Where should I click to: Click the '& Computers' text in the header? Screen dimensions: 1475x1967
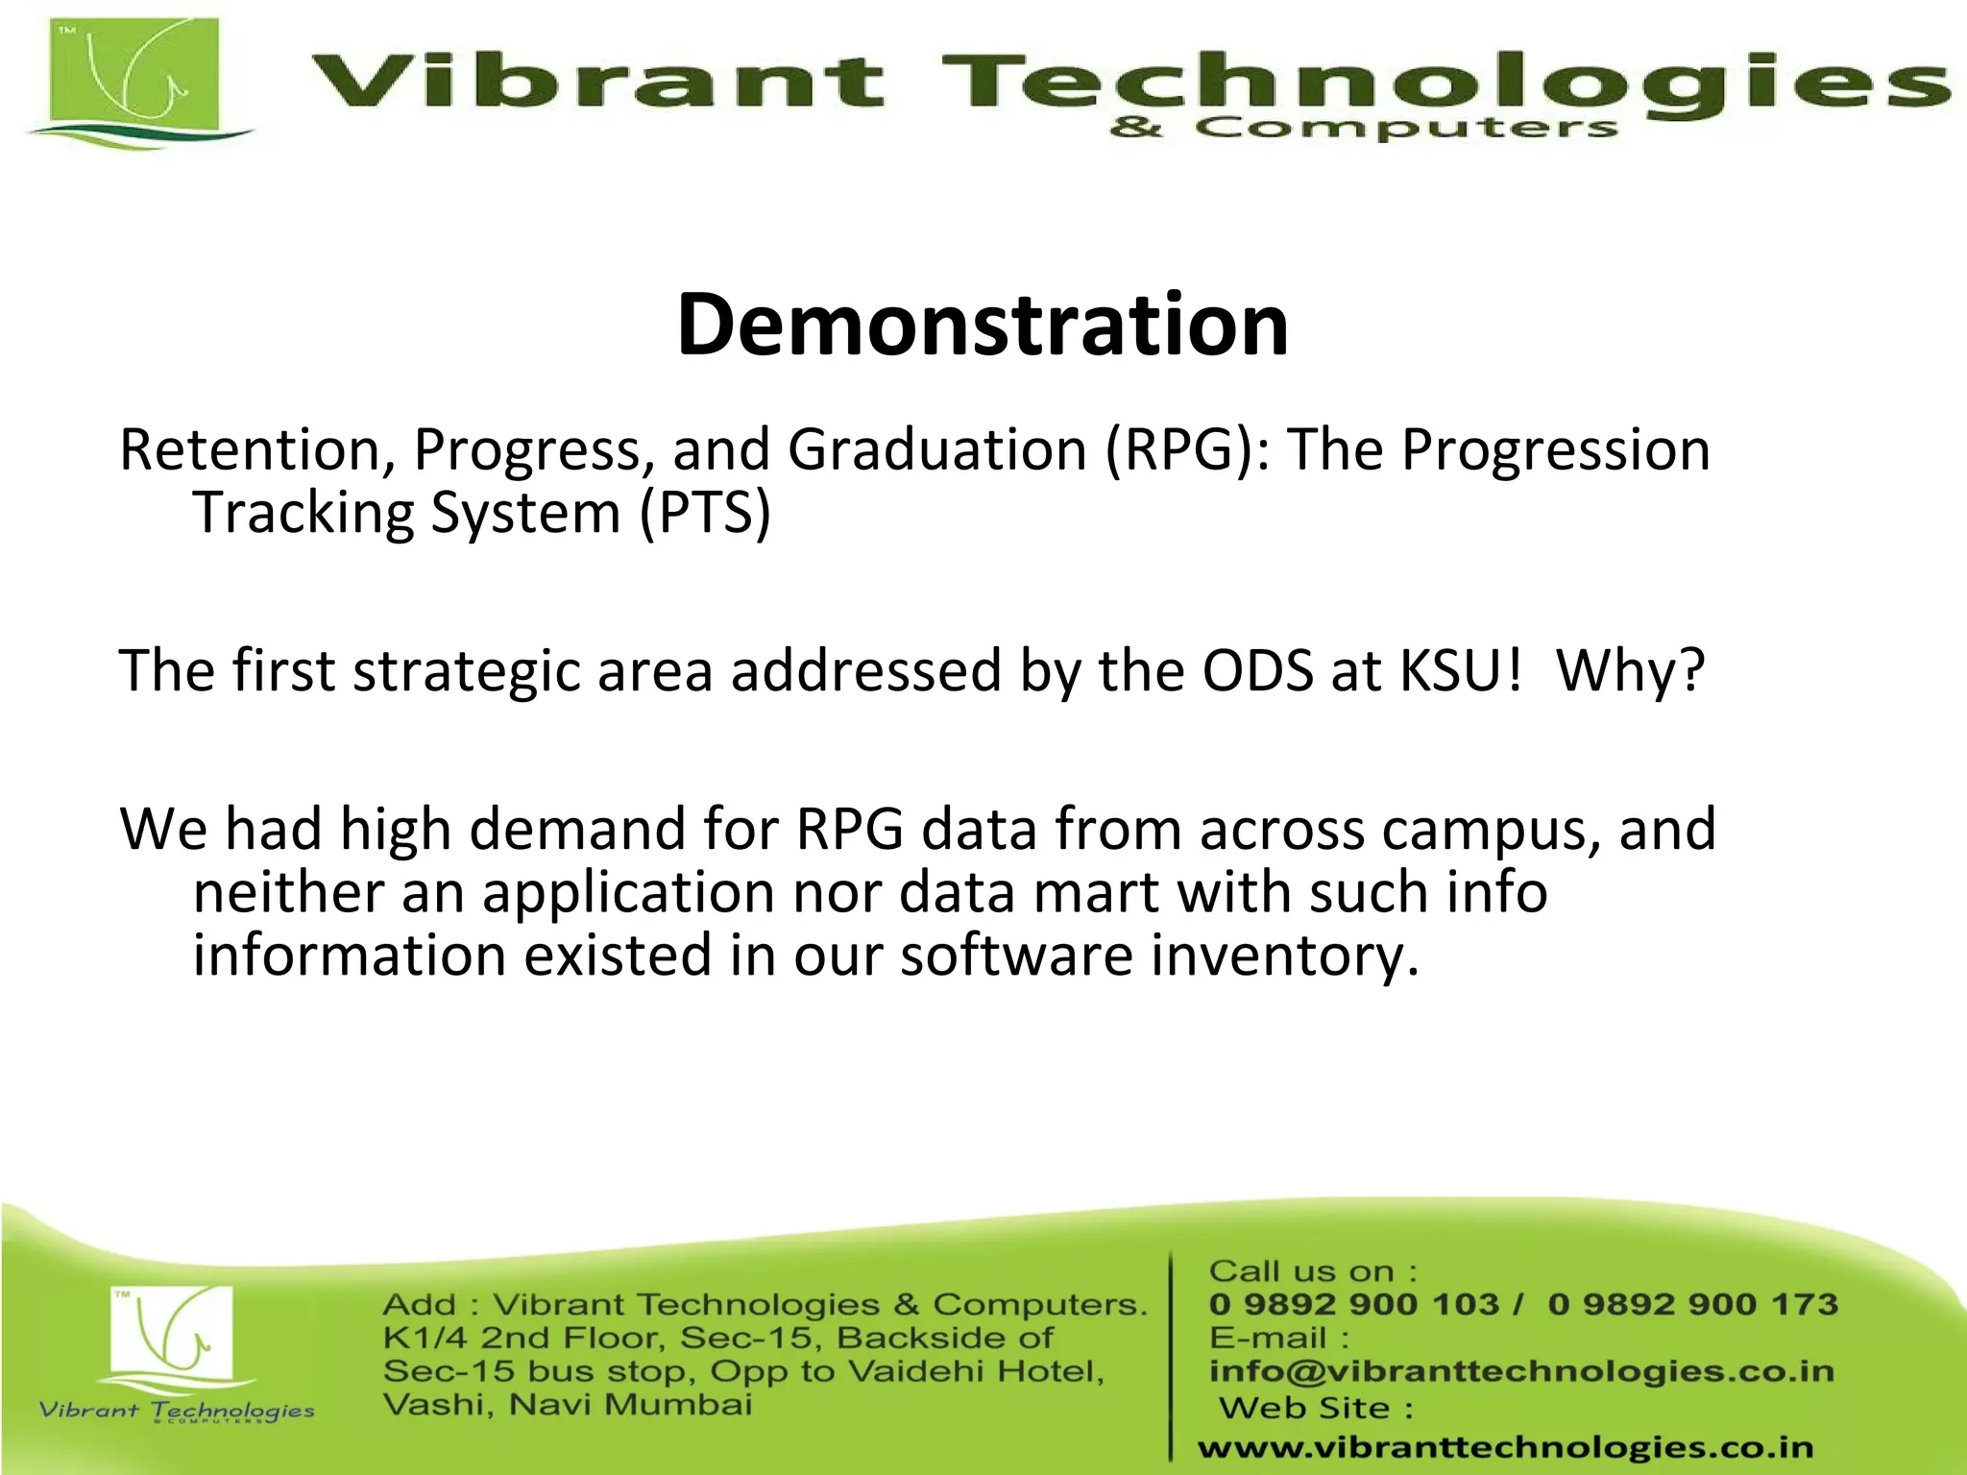(x=1363, y=128)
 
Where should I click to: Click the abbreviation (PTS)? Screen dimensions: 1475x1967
(x=705, y=513)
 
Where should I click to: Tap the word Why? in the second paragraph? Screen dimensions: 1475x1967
(x=1630, y=670)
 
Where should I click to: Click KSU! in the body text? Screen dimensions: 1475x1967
(x=1461, y=670)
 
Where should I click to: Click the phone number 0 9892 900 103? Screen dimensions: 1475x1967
(x=1353, y=1304)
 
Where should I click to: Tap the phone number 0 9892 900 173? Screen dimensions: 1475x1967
(x=1692, y=1304)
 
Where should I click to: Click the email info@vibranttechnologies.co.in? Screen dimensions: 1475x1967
(x=1521, y=1371)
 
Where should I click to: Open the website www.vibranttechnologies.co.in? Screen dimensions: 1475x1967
(x=1505, y=1447)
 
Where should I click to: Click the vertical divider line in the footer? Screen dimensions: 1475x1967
(x=1171, y=1354)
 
